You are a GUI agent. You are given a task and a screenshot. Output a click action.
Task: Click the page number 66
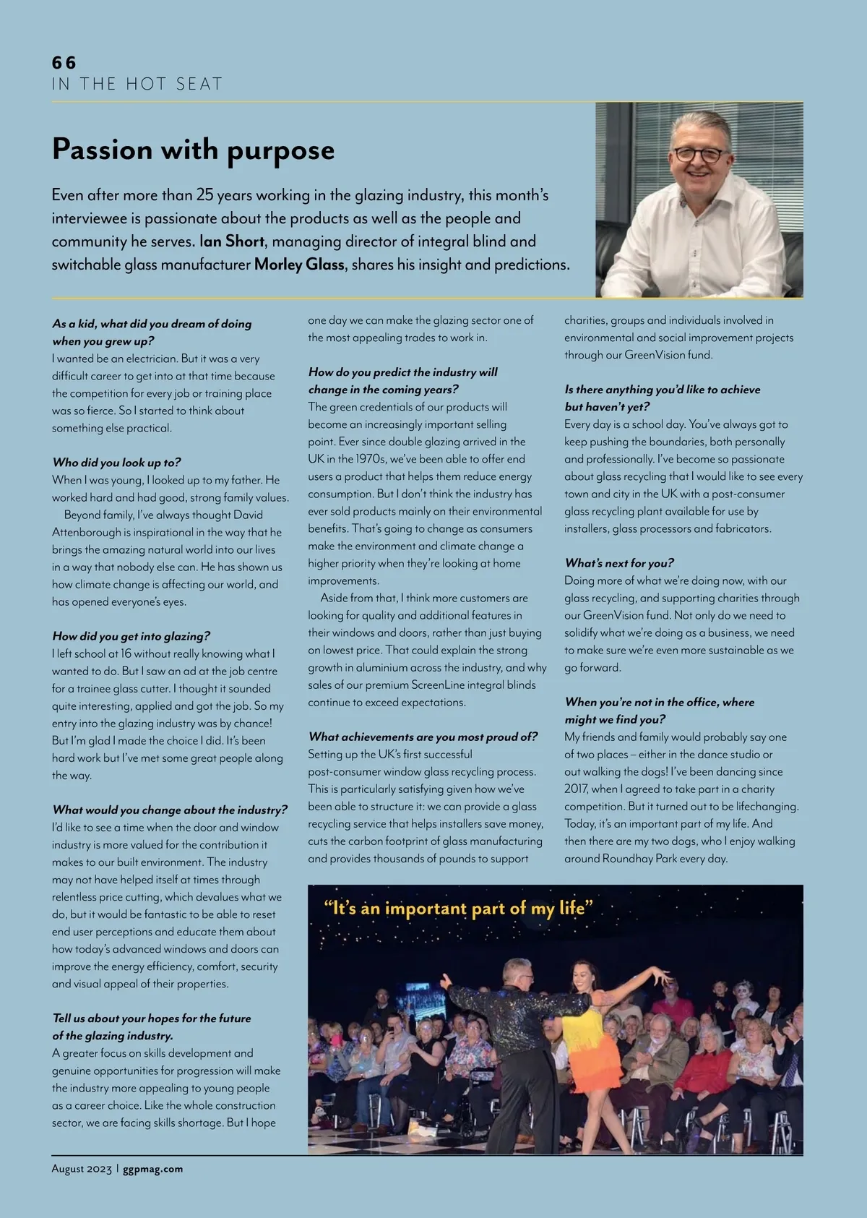click(x=64, y=63)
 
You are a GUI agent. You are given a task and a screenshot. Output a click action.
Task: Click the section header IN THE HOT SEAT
click(x=137, y=85)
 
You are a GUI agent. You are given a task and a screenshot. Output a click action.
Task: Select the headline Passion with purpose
click(x=193, y=150)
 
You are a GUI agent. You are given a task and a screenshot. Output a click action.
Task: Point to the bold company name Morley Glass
click(x=299, y=265)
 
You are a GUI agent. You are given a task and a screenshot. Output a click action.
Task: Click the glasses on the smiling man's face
click(x=697, y=155)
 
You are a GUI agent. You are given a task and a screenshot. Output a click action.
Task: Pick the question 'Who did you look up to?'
click(x=116, y=463)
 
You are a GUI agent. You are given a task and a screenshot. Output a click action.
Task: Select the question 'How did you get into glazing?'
click(x=131, y=636)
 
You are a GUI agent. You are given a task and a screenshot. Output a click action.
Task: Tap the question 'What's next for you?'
click(x=619, y=563)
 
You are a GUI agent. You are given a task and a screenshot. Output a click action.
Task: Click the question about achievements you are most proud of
click(x=423, y=737)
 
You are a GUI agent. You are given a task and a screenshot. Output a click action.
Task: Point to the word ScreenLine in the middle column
click(x=439, y=685)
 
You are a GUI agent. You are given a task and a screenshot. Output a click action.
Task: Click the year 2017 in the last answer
click(x=576, y=789)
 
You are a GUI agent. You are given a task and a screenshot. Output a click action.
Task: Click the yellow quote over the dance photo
click(x=458, y=908)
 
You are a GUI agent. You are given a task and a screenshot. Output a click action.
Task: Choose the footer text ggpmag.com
click(x=152, y=1169)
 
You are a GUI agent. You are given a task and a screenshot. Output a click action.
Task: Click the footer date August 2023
click(x=82, y=1169)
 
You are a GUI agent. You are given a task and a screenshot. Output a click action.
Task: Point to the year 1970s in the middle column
click(x=375, y=459)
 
